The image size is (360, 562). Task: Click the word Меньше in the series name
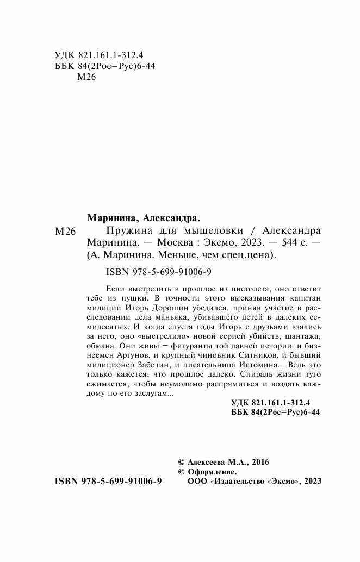172,255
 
